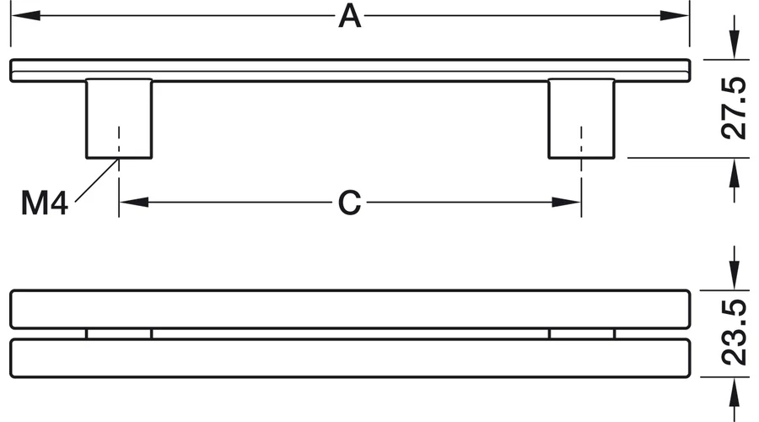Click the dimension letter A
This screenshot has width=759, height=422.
349,16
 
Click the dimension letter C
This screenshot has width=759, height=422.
349,203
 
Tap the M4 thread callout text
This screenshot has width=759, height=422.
44,203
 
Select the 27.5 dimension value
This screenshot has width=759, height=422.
734,108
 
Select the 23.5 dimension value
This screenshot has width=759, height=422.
734,333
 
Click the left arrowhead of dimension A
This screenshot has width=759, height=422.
25,15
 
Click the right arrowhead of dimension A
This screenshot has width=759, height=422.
675,15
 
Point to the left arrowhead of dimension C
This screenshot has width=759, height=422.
134,202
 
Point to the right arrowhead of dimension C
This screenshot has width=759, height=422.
567,202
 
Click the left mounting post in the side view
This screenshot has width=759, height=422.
119,119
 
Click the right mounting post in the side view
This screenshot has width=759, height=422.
581,119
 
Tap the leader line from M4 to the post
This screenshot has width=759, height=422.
97,181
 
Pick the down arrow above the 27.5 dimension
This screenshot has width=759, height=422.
735,44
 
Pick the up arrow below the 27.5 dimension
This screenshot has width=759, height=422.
735,174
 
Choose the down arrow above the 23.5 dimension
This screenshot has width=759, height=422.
735,274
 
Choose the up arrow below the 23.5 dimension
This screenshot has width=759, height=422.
735,392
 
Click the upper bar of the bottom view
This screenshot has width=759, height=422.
350,309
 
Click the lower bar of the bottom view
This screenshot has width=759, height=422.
350,358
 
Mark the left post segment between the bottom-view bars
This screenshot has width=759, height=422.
119,334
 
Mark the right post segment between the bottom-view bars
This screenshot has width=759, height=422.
582,334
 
